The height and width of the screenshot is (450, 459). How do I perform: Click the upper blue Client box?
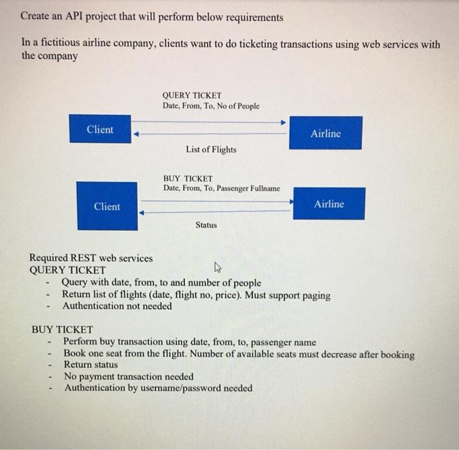pos(100,129)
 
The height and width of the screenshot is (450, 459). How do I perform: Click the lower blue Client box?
pos(107,206)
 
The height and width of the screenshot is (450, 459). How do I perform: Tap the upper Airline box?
pos(325,133)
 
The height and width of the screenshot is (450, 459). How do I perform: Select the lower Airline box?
pos(329,203)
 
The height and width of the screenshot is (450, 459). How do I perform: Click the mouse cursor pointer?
pos(218,268)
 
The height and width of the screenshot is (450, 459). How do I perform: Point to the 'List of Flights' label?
pos(210,150)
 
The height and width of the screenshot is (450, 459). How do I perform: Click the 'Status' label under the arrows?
pos(206,225)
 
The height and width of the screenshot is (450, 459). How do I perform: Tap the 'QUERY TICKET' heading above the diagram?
pos(191,95)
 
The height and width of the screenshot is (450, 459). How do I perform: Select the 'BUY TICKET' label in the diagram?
pos(188,178)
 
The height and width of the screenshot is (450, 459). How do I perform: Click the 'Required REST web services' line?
pos(91,258)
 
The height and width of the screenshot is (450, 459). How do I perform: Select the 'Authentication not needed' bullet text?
pos(117,306)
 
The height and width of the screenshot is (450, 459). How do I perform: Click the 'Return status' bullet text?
pos(90,365)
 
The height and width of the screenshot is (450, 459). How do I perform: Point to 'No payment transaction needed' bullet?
pos(129,377)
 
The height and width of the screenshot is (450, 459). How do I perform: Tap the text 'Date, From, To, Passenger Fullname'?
pos(221,188)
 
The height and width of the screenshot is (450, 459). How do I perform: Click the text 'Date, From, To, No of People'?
pos(210,106)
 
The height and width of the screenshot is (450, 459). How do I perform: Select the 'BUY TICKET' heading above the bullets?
pos(62,329)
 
